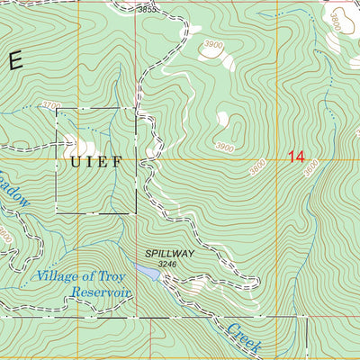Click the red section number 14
pyautogui.click(x=296, y=157)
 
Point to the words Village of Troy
pyautogui.click(x=79, y=276)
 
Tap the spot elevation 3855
pyautogui.click(x=148, y=9)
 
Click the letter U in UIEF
pyautogui.click(x=71, y=163)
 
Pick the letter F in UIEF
pyautogui.click(x=117, y=163)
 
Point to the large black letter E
pyautogui.click(x=13, y=61)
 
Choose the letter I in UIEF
pyautogui.click(x=87, y=163)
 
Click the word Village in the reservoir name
pyautogui.click(x=58, y=276)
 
